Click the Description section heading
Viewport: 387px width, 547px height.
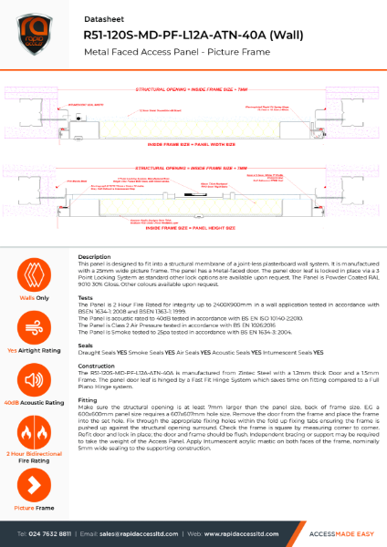click(96, 257)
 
